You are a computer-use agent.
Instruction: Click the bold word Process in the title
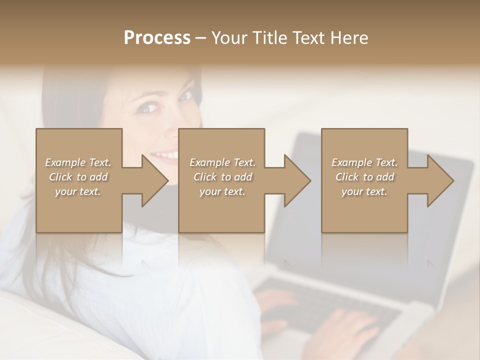coord(157,38)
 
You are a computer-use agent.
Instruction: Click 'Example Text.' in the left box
coord(78,162)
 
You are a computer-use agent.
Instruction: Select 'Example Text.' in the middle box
coord(222,162)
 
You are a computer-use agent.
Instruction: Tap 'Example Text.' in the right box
coord(364,162)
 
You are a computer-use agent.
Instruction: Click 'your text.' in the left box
coord(78,191)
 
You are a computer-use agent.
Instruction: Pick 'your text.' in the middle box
coord(222,191)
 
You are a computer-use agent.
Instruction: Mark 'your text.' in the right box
coord(364,191)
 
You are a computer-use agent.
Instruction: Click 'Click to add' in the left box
coord(78,177)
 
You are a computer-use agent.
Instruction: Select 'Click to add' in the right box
coord(364,177)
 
